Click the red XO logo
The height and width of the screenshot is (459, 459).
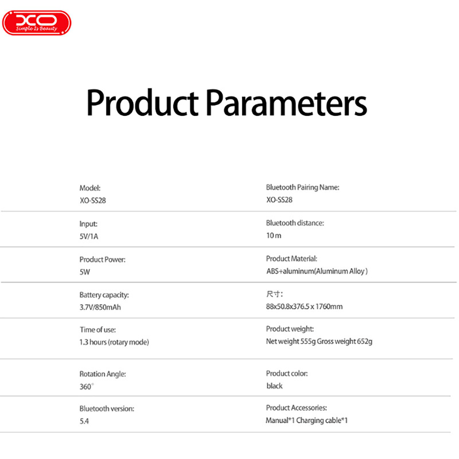pyautogui.click(x=37, y=23)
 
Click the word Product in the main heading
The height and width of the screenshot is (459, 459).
pyautogui.click(x=142, y=102)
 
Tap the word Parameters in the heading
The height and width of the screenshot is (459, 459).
pyautogui.click(x=286, y=102)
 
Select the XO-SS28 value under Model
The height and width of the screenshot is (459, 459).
pyautogui.click(x=93, y=201)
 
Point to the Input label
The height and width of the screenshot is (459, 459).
pyautogui.click(x=88, y=224)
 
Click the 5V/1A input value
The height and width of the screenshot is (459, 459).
pyautogui.click(x=89, y=236)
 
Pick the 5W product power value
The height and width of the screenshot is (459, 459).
pyautogui.click(x=84, y=272)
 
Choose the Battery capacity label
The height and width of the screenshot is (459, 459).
pyautogui.click(x=104, y=295)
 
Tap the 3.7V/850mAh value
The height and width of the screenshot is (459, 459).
pyautogui.click(x=100, y=307)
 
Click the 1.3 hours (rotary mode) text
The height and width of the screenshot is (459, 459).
pyautogui.click(x=114, y=342)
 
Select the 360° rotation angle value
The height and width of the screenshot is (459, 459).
pyautogui.click(x=87, y=387)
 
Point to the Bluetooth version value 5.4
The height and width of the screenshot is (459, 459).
pyautogui.click(x=84, y=421)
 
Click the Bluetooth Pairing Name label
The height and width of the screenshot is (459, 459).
pyautogui.click(x=303, y=187)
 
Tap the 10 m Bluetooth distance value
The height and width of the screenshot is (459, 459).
pyautogui.click(x=274, y=236)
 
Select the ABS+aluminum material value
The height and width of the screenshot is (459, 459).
pyautogui.click(x=317, y=271)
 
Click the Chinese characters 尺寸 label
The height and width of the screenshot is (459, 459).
pyautogui.click(x=274, y=294)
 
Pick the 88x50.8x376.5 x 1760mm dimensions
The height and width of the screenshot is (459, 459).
pyautogui.click(x=304, y=306)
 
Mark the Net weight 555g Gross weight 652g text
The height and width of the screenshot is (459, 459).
pyautogui.click(x=319, y=341)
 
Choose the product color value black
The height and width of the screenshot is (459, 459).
pyautogui.click(x=274, y=386)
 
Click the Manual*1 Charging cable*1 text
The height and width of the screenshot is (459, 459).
pyautogui.click(x=307, y=421)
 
